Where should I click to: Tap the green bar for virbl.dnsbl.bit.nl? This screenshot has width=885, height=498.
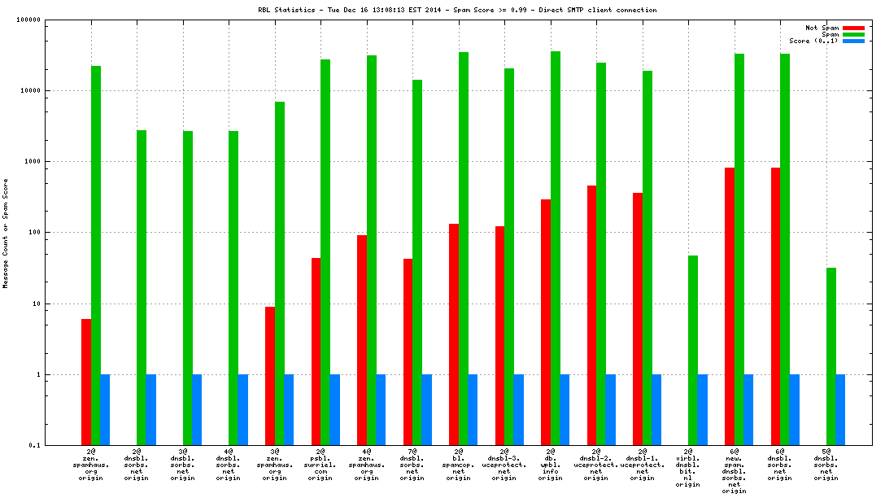pyautogui.click(x=692, y=350)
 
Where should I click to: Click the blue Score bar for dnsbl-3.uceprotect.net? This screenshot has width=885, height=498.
pyautogui.click(x=518, y=409)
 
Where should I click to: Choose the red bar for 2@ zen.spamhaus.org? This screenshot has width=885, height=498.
pyautogui.click(x=86, y=382)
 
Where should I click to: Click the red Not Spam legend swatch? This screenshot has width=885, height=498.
pyautogui.click(x=853, y=28)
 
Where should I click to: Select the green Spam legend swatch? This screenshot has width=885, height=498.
pyautogui.click(x=853, y=34)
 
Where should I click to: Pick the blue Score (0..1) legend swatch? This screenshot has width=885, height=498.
pyautogui.click(x=853, y=41)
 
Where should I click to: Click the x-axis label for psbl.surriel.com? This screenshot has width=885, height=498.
pyautogui.click(x=320, y=464)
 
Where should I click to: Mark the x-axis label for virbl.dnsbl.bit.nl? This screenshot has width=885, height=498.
pyautogui.click(x=688, y=467)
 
